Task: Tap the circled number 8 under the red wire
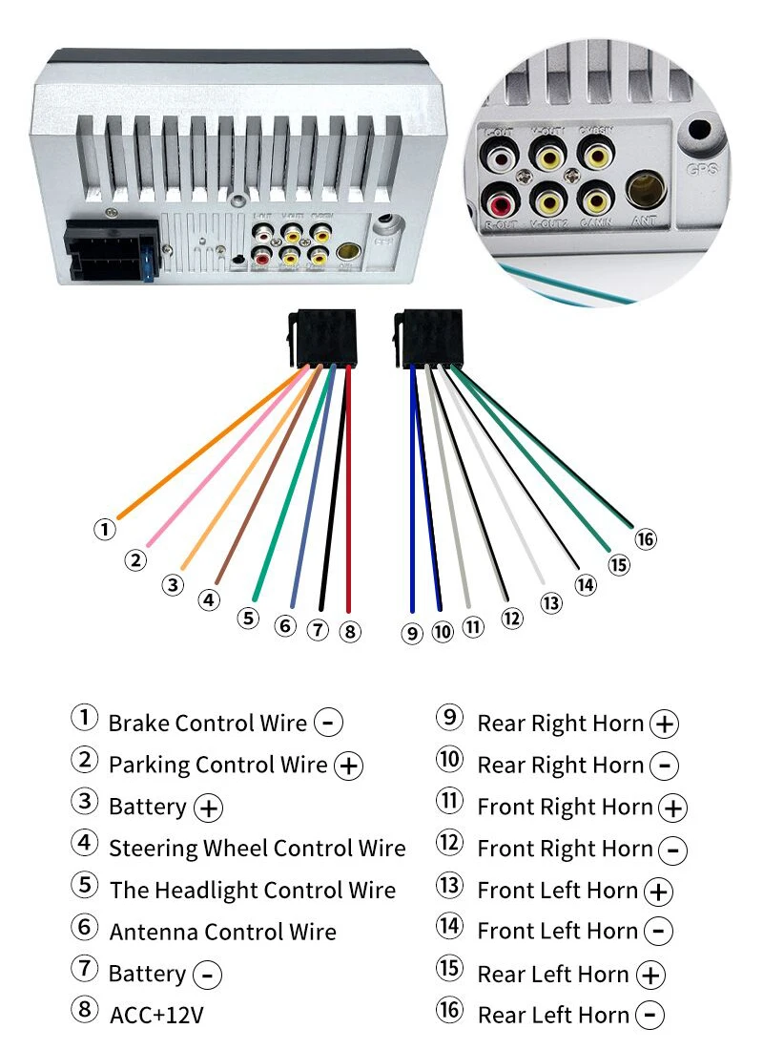coord(351,631)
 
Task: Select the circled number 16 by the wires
coord(646,539)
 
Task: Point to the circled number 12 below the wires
coord(512,619)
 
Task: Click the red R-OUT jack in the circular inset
coord(500,202)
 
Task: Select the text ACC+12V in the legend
coord(156,1015)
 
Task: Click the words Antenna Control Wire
coord(223,932)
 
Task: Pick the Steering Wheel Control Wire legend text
coord(257,848)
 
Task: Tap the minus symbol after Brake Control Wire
coord(328,723)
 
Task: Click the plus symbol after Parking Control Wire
coord(349,766)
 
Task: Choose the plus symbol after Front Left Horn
coord(658,892)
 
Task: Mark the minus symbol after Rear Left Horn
coord(650,1016)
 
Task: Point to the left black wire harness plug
coord(321,339)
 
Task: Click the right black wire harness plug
coord(427,339)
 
